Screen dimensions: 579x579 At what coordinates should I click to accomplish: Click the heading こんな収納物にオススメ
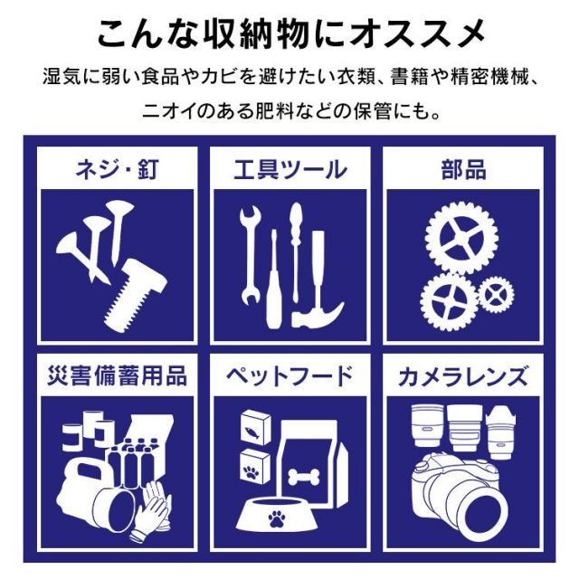point(289,33)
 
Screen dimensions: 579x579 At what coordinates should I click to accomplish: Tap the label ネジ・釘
point(115,169)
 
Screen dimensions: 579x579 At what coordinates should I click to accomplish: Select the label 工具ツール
point(289,169)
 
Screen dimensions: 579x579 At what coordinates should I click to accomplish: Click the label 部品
point(464,169)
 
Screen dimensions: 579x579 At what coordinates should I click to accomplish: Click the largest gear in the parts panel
point(461,240)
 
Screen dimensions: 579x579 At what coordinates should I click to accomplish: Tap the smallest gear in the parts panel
point(495,294)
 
